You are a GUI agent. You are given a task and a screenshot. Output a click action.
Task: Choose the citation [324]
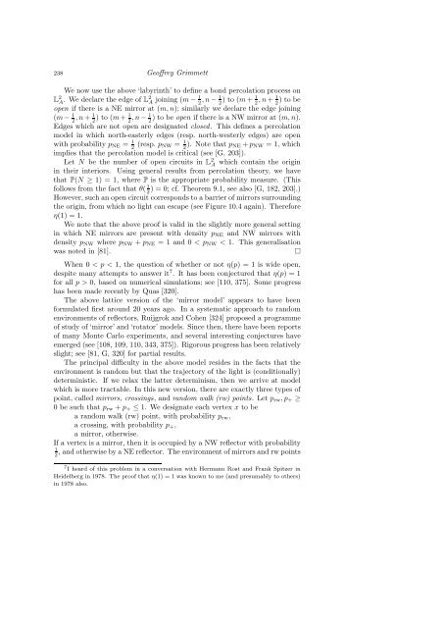pos(297,387)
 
